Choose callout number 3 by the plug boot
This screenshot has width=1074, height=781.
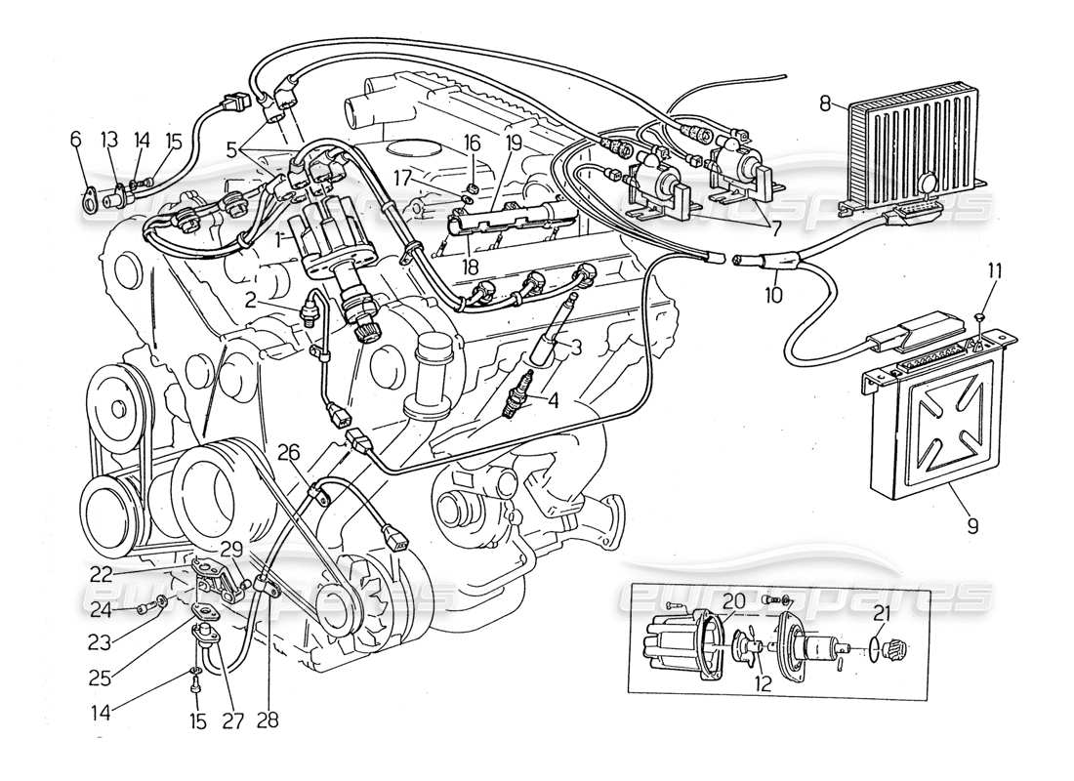[576, 346]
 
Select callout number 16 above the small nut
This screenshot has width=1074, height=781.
[471, 144]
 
